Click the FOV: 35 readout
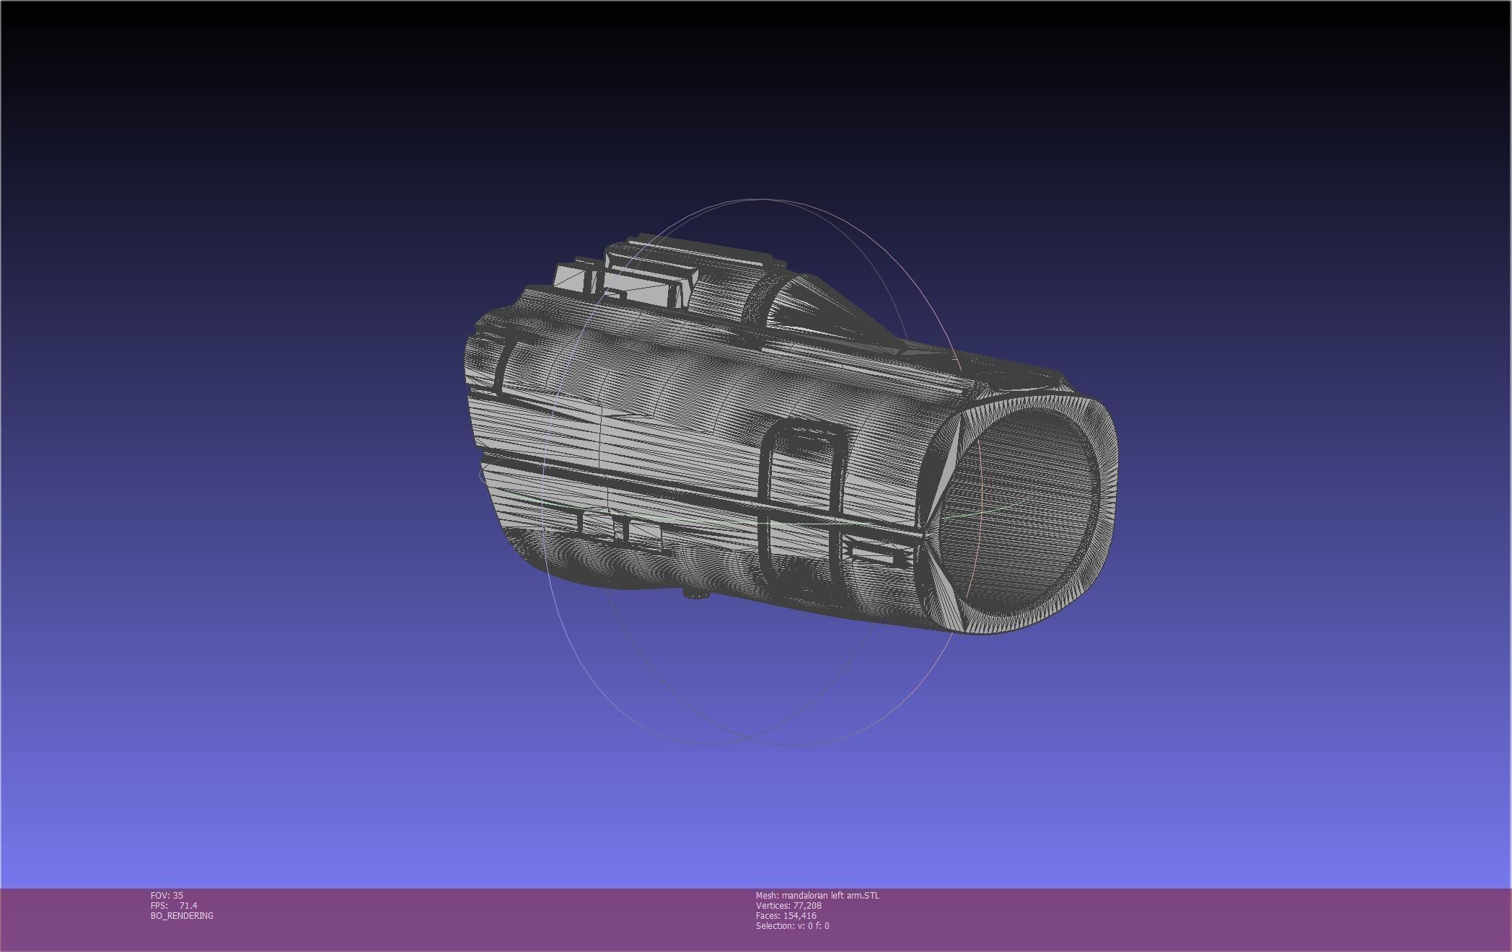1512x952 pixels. (x=167, y=895)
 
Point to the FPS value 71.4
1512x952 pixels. (x=188, y=905)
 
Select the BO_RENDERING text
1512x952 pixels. (x=182, y=915)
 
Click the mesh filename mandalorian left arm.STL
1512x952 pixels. (x=830, y=895)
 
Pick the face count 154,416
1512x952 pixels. (x=799, y=915)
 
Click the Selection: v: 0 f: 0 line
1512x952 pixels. (x=792, y=925)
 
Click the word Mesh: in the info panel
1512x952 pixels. (x=767, y=895)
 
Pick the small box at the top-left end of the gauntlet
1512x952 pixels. (x=576, y=278)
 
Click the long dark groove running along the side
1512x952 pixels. (x=693, y=490)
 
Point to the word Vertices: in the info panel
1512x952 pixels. (x=773, y=905)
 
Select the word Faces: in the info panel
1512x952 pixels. (x=768, y=915)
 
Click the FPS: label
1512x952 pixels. (x=159, y=905)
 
